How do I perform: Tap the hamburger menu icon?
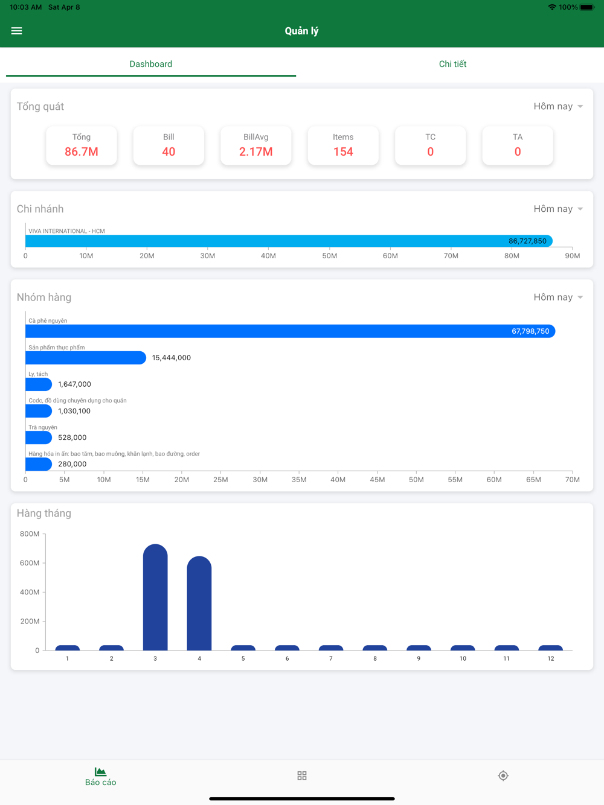(x=17, y=31)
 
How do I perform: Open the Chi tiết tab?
(x=452, y=64)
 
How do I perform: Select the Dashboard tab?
(x=151, y=64)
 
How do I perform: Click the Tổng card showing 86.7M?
(x=82, y=145)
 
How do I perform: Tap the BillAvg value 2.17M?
(x=255, y=152)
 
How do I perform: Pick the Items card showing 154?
(x=343, y=145)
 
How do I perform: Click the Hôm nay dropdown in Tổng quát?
(x=557, y=106)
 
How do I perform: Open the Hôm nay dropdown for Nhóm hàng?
(x=557, y=297)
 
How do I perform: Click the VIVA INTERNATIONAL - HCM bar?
(x=288, y=241)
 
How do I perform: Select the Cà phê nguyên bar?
(x=290, y=331)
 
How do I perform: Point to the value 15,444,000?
(x=172, y=358)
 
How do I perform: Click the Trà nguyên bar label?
(x=43, y=427)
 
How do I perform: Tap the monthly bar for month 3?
(x=155, y=597)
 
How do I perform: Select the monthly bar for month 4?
(x=199, y=603)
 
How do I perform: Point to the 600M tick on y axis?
(x=30, y=563)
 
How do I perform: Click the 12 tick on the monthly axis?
(x=551, y=658)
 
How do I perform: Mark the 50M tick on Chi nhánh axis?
(x=329, y=256)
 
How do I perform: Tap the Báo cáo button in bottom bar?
(x=100, y=776)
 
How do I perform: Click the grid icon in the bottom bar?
(x=302, y=775)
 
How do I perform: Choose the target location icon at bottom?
(x=503, y=775)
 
